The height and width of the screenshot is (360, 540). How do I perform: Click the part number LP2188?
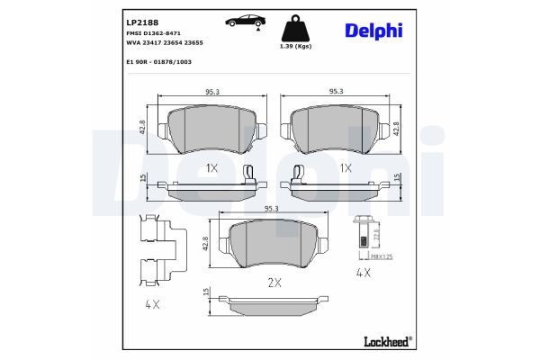[x=142, y=22]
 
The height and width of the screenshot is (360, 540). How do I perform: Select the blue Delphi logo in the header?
[x=373, y=31]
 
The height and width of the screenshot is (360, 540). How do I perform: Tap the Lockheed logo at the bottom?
[x=388, y=341]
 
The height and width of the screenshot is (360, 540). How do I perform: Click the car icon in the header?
[x=244, y=21]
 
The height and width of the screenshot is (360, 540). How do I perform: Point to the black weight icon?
[x=295, y=28]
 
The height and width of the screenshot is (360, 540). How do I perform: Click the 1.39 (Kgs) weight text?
[x=295, y=46]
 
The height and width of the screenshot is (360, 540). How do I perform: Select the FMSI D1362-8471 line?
[x=154, y=33]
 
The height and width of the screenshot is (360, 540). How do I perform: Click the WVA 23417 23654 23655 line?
[x=165, y=42]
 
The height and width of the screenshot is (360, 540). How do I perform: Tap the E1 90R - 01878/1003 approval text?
[x=158, y=62]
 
